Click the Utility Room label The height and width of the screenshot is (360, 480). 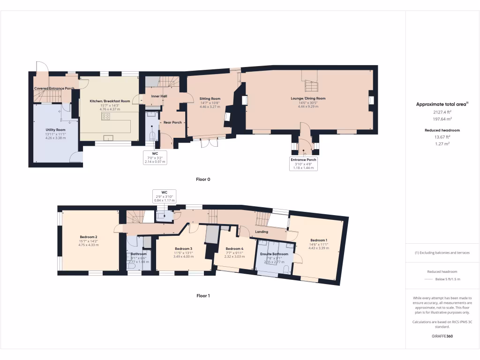pyautogui.click(x=55, y=129)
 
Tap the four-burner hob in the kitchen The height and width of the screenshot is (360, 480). pyautogui.click(x=106, y=117)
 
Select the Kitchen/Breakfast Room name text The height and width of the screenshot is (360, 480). pyautogui.click(x=110, y=101)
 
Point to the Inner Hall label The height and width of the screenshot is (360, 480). pyautogui.click(x=159, y=96)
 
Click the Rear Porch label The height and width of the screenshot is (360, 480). pyautogui.click(x=172, y=122)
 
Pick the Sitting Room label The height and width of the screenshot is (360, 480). pyautogui.click(x=210, y=98)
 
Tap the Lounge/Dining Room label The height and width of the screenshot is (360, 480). pyautogui.click(x=307, y=98)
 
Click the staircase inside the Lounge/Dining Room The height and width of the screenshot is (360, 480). pyautogui.click(x=311, y=85)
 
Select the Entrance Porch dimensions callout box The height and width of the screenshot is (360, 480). pyautogui.click(x=303, y=164)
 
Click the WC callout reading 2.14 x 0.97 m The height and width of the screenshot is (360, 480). pyautogui.click(x=155, y=157)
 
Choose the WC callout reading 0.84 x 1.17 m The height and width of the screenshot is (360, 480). pyautogui.click(x=164, y=196)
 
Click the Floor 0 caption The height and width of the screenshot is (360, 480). pyautogui.click(x=203, y=180)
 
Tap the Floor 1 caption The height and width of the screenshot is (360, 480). pyautogui.click(x=203, y=296)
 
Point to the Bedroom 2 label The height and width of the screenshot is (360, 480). pyautogui.click(x=88, y=237)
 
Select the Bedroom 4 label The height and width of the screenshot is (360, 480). pyautogui.click(x=234, y=248)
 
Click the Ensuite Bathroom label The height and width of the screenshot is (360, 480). pyautogui.click(x=274, y=254)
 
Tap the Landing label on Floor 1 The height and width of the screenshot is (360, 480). pyautogui.click(x=261, y=232)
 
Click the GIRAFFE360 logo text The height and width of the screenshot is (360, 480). pyautogui.click(x=442, y=336)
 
